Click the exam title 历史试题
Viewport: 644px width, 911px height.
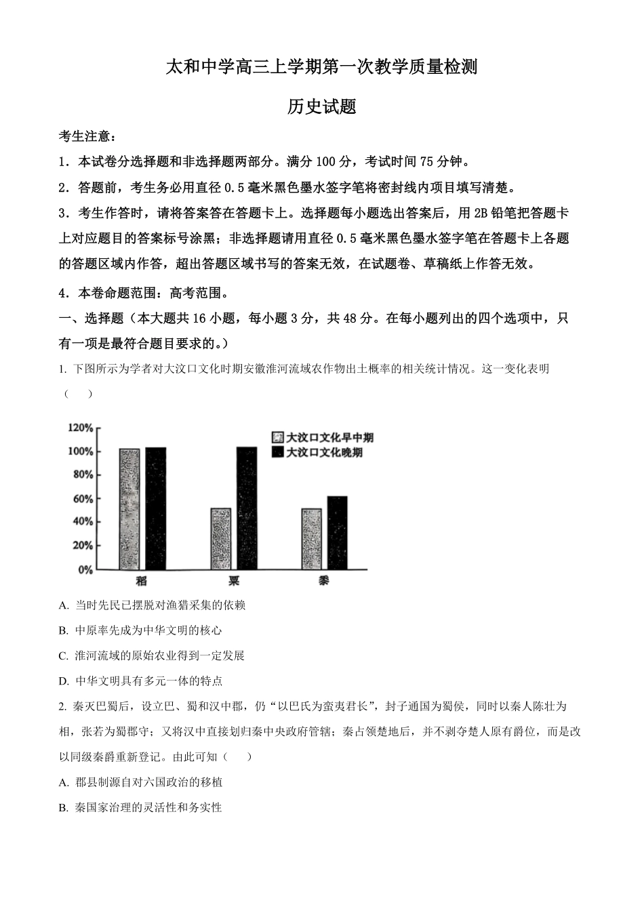[x=322, y=106]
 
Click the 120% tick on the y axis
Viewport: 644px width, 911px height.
[x=80, y=428]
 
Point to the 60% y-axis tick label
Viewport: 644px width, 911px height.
[x=83, y=498]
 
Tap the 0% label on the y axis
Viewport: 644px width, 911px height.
[x=85, y=570]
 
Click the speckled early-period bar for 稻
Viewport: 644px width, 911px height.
[x=129, y=508]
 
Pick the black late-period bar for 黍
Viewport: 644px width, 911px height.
[x=337, y=533]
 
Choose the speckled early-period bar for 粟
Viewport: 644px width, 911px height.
[x=221, y=539]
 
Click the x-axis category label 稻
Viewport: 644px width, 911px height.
[x=141, y=581]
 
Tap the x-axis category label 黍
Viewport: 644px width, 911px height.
[x=324, y=581]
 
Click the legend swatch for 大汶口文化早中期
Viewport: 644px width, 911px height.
[x=277, y=437]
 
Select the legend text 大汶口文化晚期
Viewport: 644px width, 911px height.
[x=324, y=452]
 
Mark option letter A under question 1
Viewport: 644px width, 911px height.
[x=64, y=605]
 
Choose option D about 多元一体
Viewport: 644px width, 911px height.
[x=148, y=681]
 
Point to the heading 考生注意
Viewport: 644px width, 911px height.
[x=87, y=137]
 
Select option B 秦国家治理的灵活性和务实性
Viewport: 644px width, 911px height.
[x=148, y=807]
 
